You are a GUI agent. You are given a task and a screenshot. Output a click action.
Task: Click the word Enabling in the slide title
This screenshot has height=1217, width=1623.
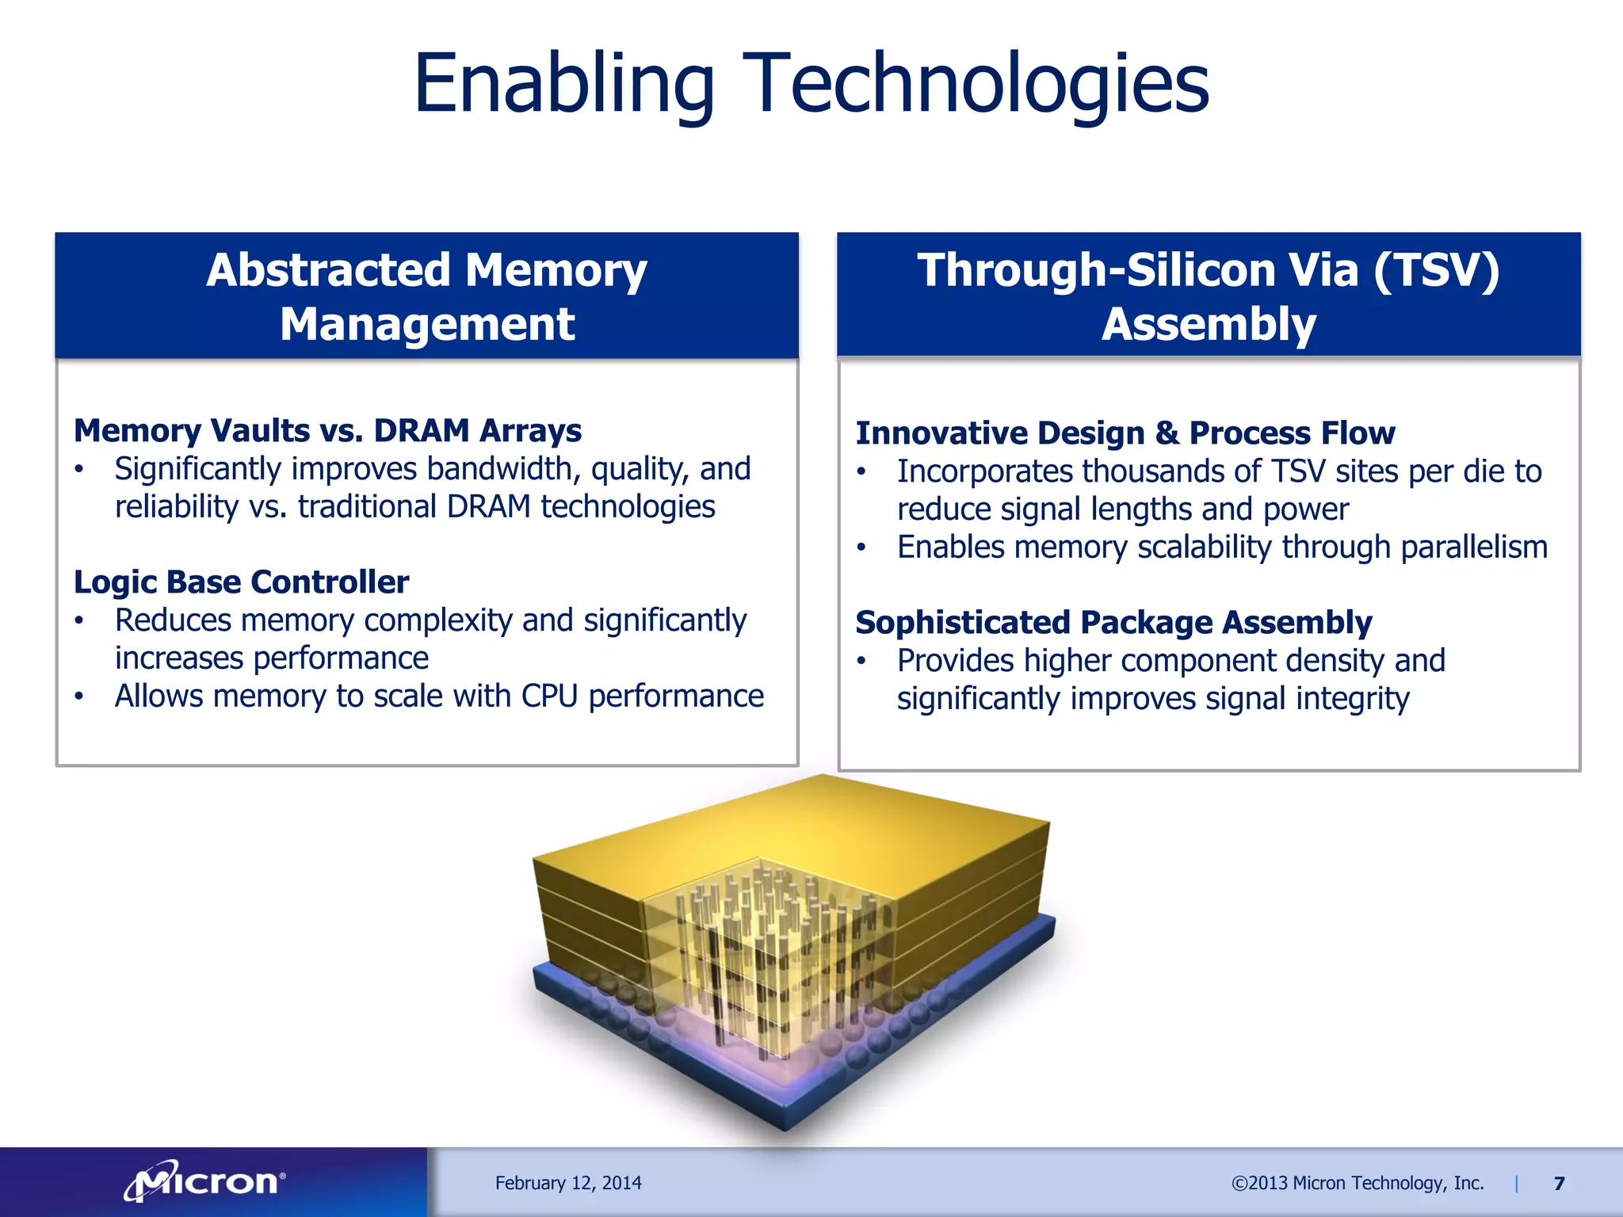point(563,84)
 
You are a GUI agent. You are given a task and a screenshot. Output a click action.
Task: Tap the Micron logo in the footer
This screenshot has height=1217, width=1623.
point(205,1182)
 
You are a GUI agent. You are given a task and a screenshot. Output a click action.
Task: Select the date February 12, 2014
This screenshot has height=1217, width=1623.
point(568,1183)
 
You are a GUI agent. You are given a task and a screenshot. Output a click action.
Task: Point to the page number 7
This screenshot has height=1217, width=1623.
point(1559,1184)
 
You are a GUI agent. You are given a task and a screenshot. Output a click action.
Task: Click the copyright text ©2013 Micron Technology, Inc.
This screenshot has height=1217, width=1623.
point(1357,1183)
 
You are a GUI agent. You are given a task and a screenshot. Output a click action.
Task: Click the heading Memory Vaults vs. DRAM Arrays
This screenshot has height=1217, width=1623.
point(327,431)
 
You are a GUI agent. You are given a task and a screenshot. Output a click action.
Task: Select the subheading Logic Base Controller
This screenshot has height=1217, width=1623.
point(241,582)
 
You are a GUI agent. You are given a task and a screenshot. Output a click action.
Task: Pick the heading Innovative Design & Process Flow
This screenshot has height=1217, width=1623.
point(1125,433)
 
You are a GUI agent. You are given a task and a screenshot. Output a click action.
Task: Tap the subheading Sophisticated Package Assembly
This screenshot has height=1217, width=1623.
point(1113,623)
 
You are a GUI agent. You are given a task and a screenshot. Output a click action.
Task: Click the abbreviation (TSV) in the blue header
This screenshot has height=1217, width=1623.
point(1436,270)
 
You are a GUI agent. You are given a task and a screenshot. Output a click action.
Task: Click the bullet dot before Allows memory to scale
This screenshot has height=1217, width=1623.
point(79,697)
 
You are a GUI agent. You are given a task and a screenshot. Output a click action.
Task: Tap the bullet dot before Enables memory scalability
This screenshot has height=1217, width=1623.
point(861,548)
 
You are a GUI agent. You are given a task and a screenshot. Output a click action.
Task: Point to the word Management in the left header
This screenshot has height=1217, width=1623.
point(427,325)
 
